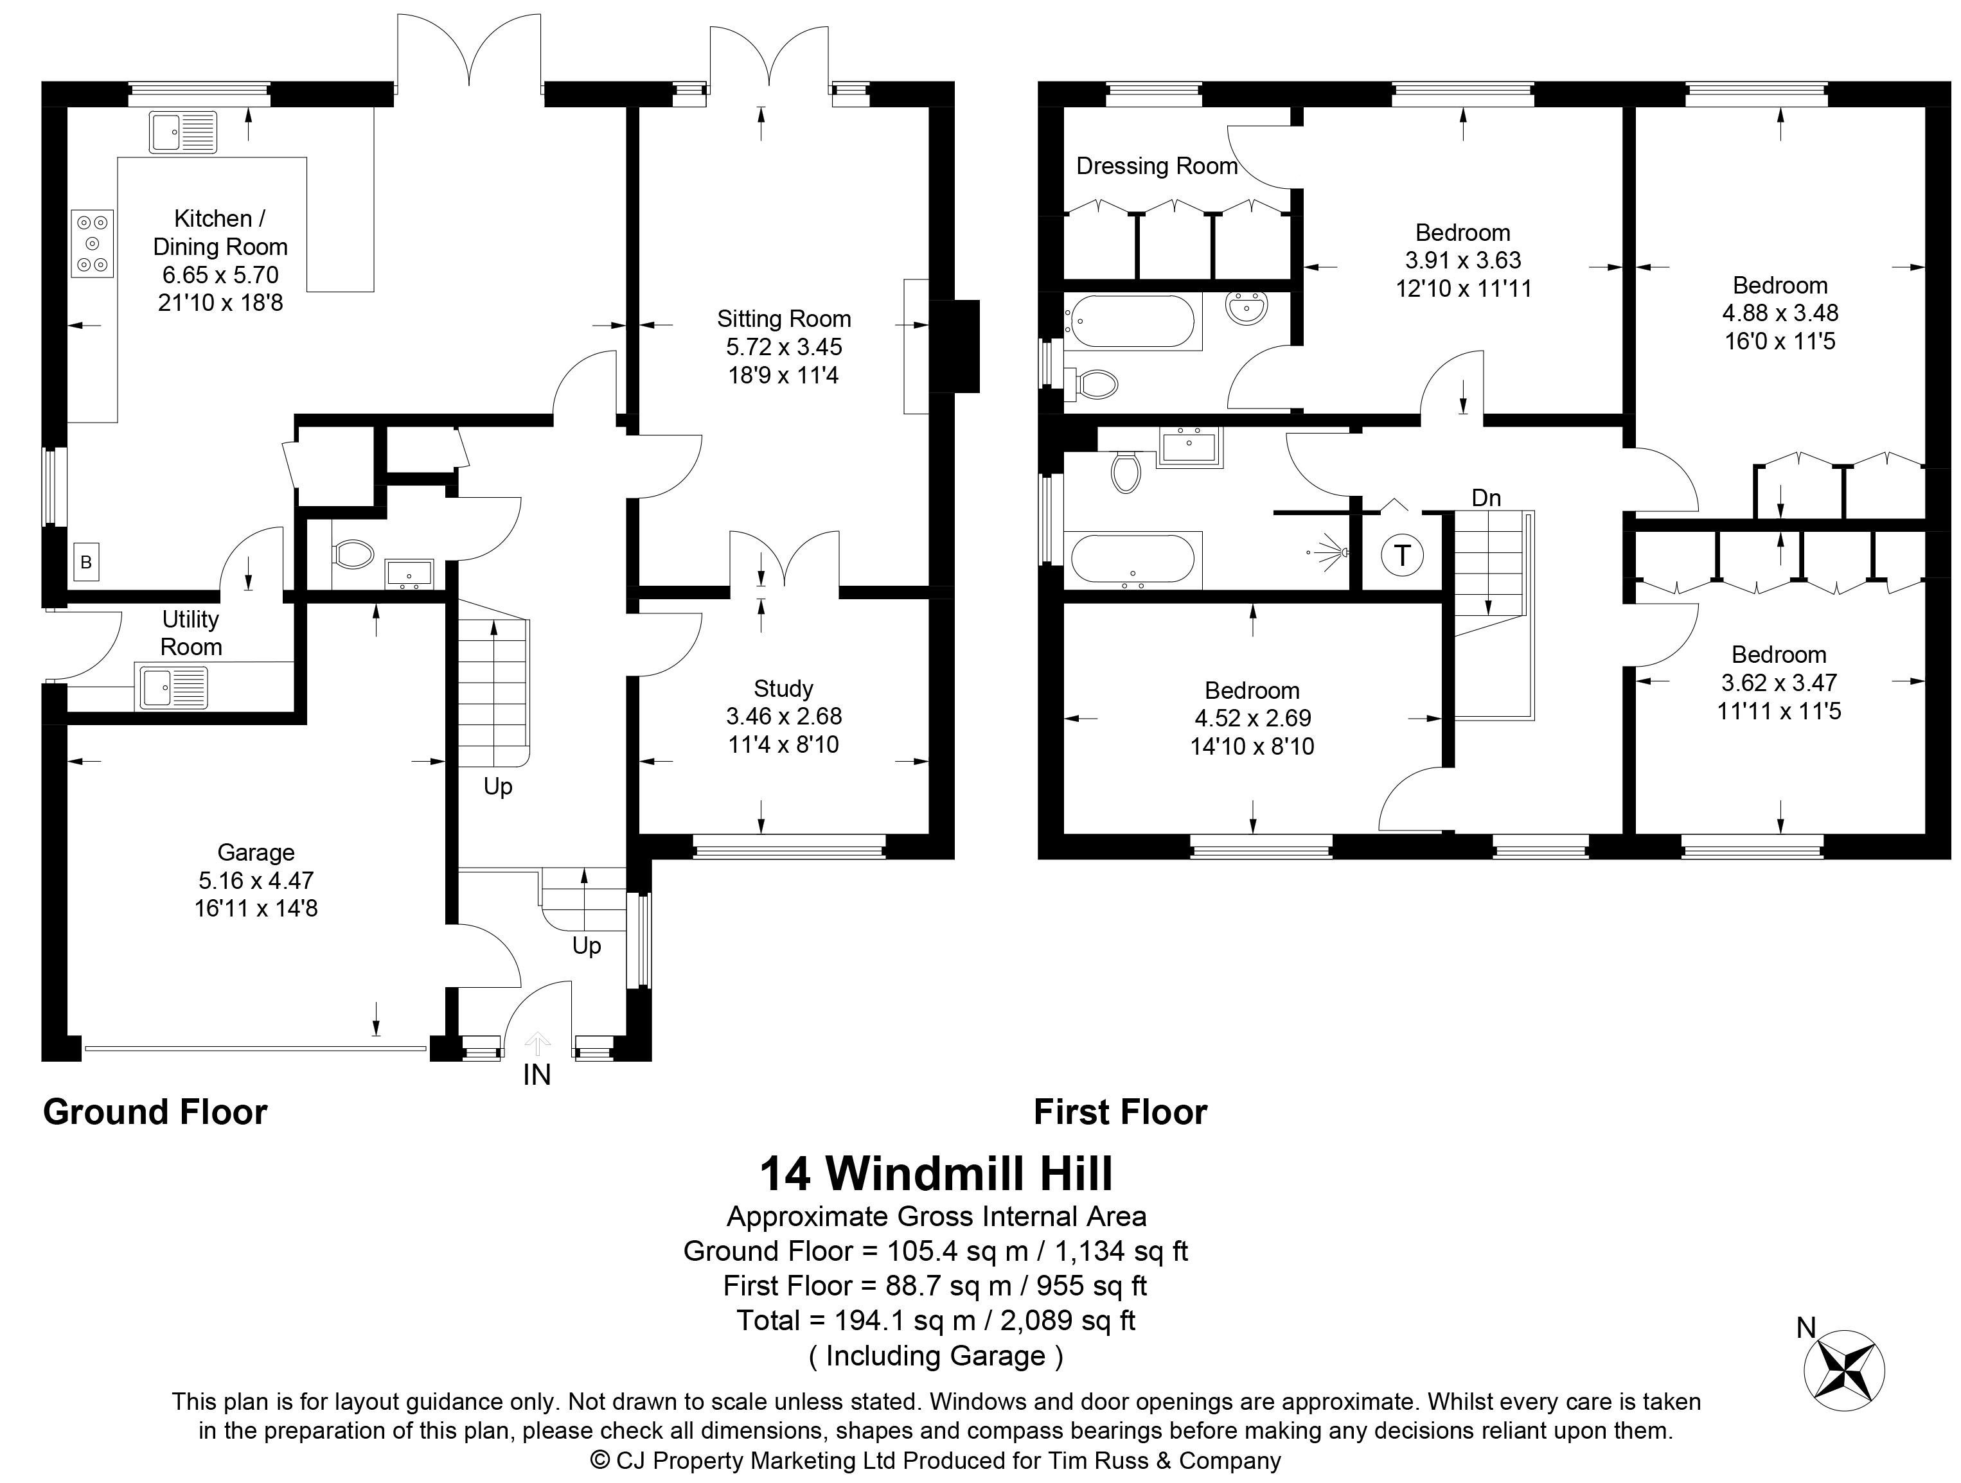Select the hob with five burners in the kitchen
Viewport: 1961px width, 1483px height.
92,244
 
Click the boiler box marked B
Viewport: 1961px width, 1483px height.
86,562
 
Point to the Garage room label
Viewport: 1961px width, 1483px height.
256,853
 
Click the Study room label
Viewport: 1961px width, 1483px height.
784,689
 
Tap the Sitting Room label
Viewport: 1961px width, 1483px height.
784,319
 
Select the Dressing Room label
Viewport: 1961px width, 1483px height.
1157,166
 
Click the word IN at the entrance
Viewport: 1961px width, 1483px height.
537,1075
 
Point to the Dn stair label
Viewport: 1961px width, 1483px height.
1487,498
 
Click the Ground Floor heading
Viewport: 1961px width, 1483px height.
155,1112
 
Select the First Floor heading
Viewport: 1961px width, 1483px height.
1121,1112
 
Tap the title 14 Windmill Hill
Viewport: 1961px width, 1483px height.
936,1173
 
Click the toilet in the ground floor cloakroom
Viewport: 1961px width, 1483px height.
353,555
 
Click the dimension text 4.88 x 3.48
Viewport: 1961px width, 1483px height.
1780,313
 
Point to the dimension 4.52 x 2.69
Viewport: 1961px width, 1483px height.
1252,718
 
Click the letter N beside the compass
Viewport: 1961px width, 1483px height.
1806,1327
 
